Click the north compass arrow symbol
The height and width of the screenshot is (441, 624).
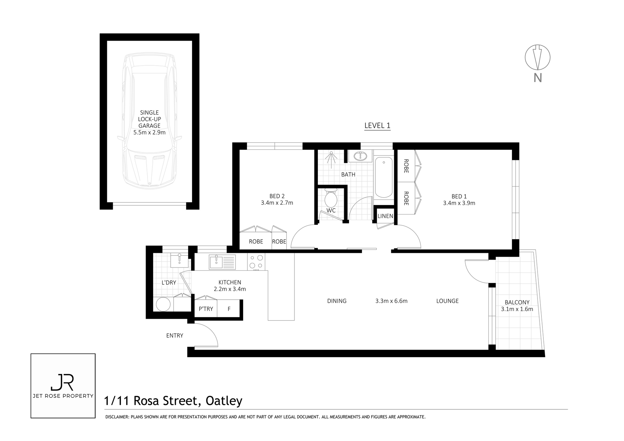point(538,57)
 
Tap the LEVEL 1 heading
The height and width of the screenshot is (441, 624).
point(377,125)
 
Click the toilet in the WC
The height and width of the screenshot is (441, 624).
point(331,198)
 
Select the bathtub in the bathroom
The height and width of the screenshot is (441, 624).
point(383,177)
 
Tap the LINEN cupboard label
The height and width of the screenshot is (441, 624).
point(385,216)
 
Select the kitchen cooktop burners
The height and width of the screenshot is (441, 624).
point(256,262)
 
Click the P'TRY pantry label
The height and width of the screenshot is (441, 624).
point(206,309)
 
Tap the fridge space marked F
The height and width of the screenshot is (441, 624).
point(229,309)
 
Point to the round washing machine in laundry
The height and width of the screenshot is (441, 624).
point(163,305)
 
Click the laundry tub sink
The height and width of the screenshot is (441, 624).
point(179,260)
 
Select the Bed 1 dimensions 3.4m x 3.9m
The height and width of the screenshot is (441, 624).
point(459,203)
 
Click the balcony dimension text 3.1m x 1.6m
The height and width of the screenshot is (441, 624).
point(517,309)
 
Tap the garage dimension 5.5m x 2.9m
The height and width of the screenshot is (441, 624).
point(149,132)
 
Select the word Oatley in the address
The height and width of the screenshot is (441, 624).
point(224,401)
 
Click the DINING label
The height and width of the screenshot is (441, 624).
point(337,301)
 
